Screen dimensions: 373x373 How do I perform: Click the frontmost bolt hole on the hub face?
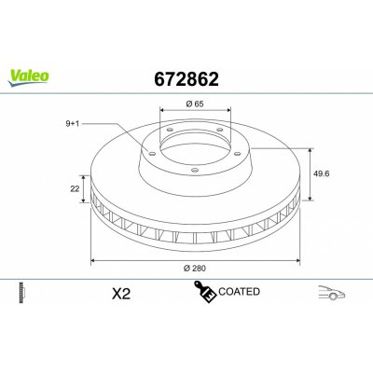[x=190, y=171]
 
